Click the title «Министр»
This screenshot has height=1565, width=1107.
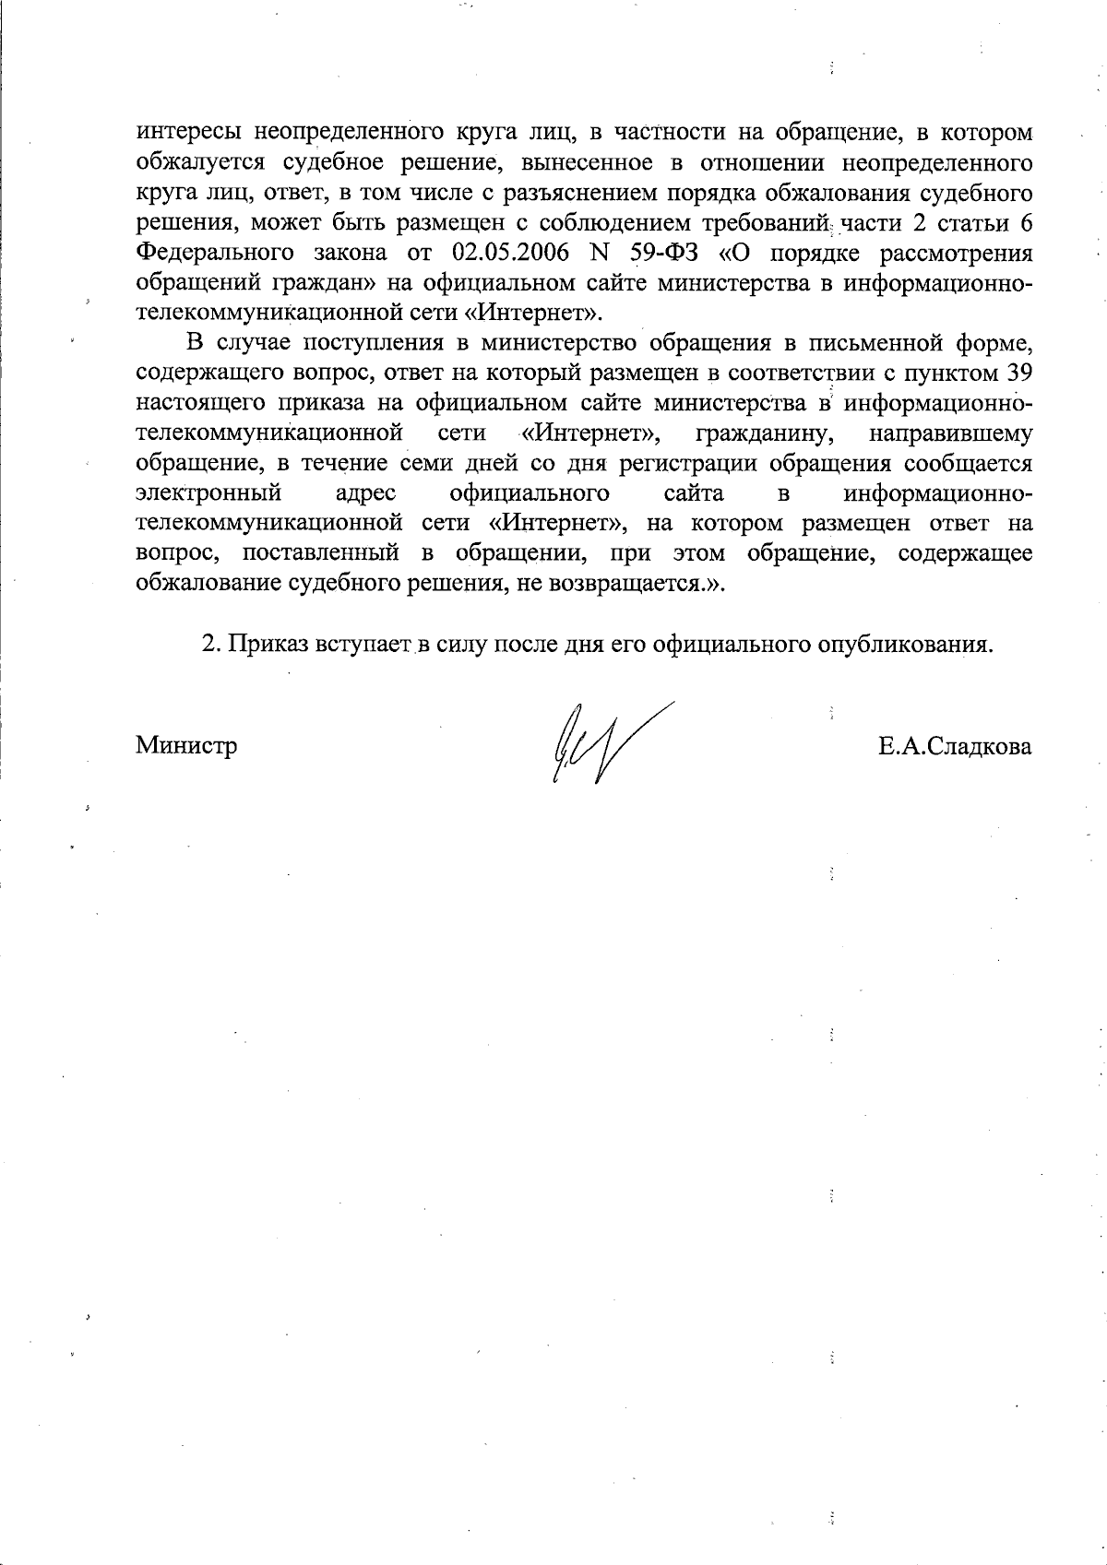click(186, 745)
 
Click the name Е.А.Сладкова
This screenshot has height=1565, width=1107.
click(955, 745)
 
